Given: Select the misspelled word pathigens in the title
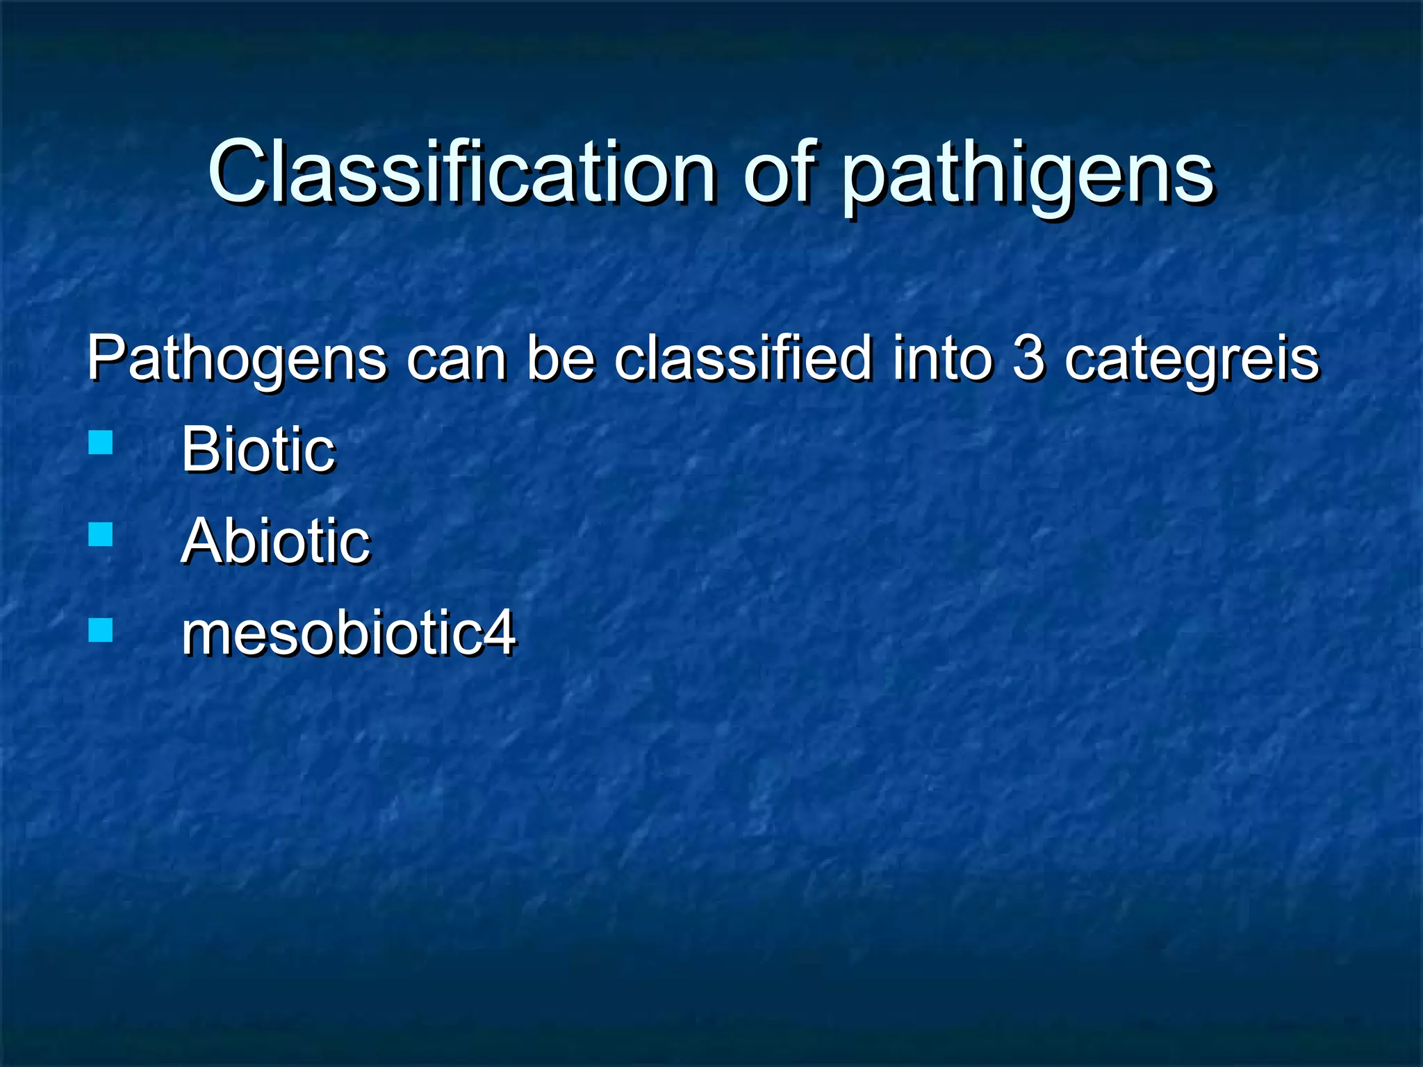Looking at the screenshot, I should pyautogui.click(x=1027, y=178).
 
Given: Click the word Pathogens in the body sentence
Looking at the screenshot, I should pyautogui.click(x=236, y=360).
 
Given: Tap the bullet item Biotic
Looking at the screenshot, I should pyautogui.click(x=258, y=449).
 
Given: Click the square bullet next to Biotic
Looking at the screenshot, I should pyautogui.click(x=101, y=442).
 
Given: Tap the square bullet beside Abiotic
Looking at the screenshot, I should pyautogui.click(x=101, y=535).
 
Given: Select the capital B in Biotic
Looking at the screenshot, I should pyautogui.click(x=200, y=449).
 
